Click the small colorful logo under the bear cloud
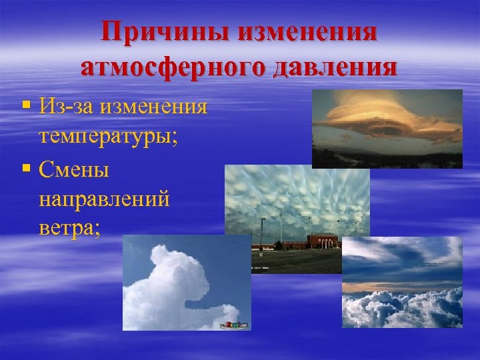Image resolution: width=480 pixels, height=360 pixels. pyautogui.click(x=235, y=325)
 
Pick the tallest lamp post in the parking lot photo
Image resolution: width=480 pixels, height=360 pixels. pyautogui.click(x=262, y=230)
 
